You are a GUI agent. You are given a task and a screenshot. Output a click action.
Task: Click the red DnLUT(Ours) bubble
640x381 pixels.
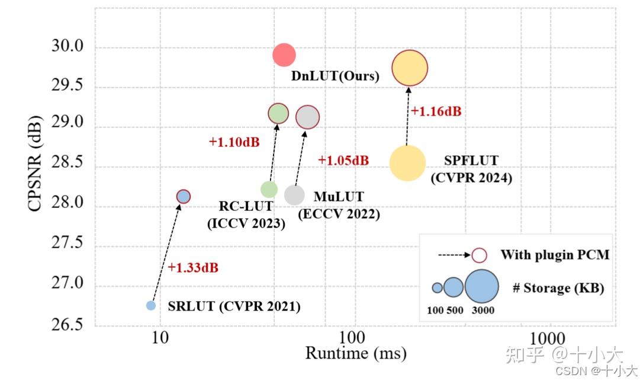point(284,55)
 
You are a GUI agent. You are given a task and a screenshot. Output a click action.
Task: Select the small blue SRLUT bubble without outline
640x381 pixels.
point(151,306)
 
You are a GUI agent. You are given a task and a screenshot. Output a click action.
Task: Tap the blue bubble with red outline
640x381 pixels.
point(184,196)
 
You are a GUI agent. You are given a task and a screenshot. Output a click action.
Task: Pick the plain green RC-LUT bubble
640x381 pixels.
point(269,189)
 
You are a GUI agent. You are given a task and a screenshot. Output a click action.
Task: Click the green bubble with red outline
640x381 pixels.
point(278,113)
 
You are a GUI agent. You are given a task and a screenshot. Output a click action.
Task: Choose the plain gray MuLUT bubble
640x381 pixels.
point(294,194)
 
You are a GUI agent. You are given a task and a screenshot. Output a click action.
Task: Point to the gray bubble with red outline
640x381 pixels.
point(307,117)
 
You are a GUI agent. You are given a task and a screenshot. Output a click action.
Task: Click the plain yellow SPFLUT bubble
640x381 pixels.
point(407,163)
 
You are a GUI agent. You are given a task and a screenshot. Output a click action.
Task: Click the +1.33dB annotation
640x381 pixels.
point(193,268)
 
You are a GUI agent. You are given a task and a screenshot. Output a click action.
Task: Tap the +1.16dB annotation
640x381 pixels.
point(436,111)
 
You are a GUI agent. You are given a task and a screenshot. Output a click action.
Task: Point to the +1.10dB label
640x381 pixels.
point(234,142)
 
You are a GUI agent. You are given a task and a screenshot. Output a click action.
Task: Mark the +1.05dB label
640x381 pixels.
point(343,161)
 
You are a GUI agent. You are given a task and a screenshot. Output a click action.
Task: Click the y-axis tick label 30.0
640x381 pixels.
point(69,47)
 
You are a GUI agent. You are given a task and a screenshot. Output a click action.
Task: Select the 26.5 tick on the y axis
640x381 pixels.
point(69,325)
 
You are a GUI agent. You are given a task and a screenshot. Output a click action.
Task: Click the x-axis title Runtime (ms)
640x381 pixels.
point(355,354)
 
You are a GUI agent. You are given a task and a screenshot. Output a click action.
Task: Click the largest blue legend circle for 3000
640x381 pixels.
point(481,287)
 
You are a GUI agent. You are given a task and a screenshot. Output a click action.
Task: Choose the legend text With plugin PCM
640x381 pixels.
point(554,255)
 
